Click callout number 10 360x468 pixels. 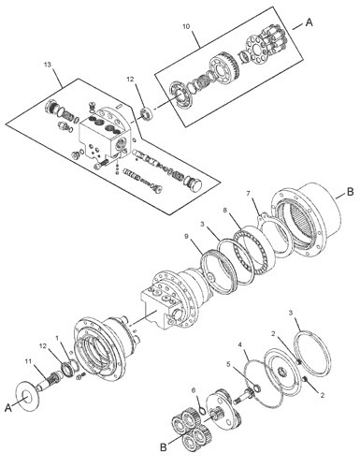186,26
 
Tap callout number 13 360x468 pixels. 48,65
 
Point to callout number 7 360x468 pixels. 248,194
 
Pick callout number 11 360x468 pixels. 29,361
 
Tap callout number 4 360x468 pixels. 240,344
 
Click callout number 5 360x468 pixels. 228,364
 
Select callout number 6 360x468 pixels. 194,390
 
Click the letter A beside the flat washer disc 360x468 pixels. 8,407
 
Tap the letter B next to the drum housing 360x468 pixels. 350,192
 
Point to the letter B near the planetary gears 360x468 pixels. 164,447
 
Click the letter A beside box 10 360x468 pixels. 309,22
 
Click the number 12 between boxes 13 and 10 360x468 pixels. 130,80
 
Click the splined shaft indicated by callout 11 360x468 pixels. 48,380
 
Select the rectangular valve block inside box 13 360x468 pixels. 103,138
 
